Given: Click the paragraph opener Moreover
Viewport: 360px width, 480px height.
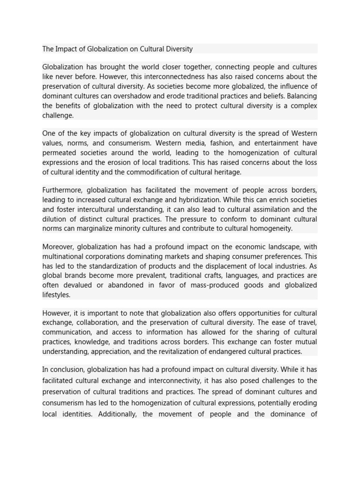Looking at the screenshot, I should click(58, 247).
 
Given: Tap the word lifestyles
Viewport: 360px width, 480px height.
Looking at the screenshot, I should click(56, 295).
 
